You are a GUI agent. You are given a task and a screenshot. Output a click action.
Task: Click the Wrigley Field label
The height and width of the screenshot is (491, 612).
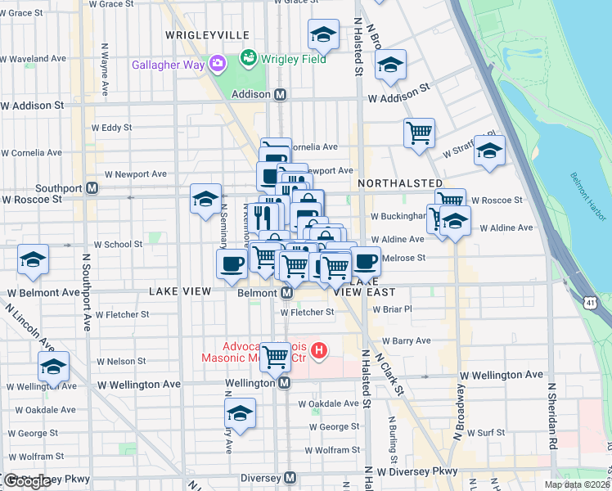(x=292, y=58)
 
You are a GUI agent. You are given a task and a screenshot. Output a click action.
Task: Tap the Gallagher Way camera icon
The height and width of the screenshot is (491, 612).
(x=217, y=63)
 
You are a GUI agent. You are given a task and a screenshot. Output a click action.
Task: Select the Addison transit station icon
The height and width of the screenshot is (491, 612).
(x=280, y=94)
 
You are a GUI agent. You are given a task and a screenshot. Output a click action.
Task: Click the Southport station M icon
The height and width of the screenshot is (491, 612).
(x=92, y=187)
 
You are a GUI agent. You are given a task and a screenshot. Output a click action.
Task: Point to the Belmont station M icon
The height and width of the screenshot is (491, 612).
(x=287, y=292)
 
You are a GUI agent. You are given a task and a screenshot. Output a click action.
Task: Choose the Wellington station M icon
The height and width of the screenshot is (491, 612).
(x=284, y=383)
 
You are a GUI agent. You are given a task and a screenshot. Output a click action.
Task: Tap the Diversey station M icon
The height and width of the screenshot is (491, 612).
(x=289, y=478)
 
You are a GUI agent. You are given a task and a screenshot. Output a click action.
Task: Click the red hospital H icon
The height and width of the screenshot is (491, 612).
(x=320, y=352)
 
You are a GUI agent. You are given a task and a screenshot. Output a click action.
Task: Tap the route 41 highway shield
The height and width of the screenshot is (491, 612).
(x=589, y=303)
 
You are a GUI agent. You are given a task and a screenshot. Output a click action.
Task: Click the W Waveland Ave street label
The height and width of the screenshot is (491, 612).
(x=33, y=59)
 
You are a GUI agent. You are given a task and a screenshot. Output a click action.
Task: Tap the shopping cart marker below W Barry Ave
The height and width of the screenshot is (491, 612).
(x=276, y=355)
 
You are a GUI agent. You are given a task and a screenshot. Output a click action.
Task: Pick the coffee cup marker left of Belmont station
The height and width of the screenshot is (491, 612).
(x=231, y=263)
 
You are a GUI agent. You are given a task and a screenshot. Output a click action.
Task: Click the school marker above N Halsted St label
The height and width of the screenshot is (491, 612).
(x=323, y=34)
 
